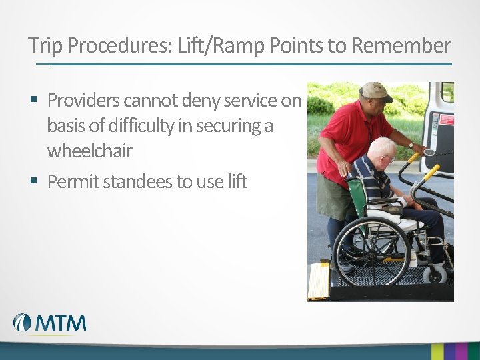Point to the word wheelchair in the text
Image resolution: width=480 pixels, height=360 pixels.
(89, 151)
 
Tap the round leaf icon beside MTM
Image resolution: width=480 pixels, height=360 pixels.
(22, 323)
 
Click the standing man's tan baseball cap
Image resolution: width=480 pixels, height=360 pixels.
(376, 90)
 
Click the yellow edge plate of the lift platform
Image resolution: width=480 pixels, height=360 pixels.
(318, 280)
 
